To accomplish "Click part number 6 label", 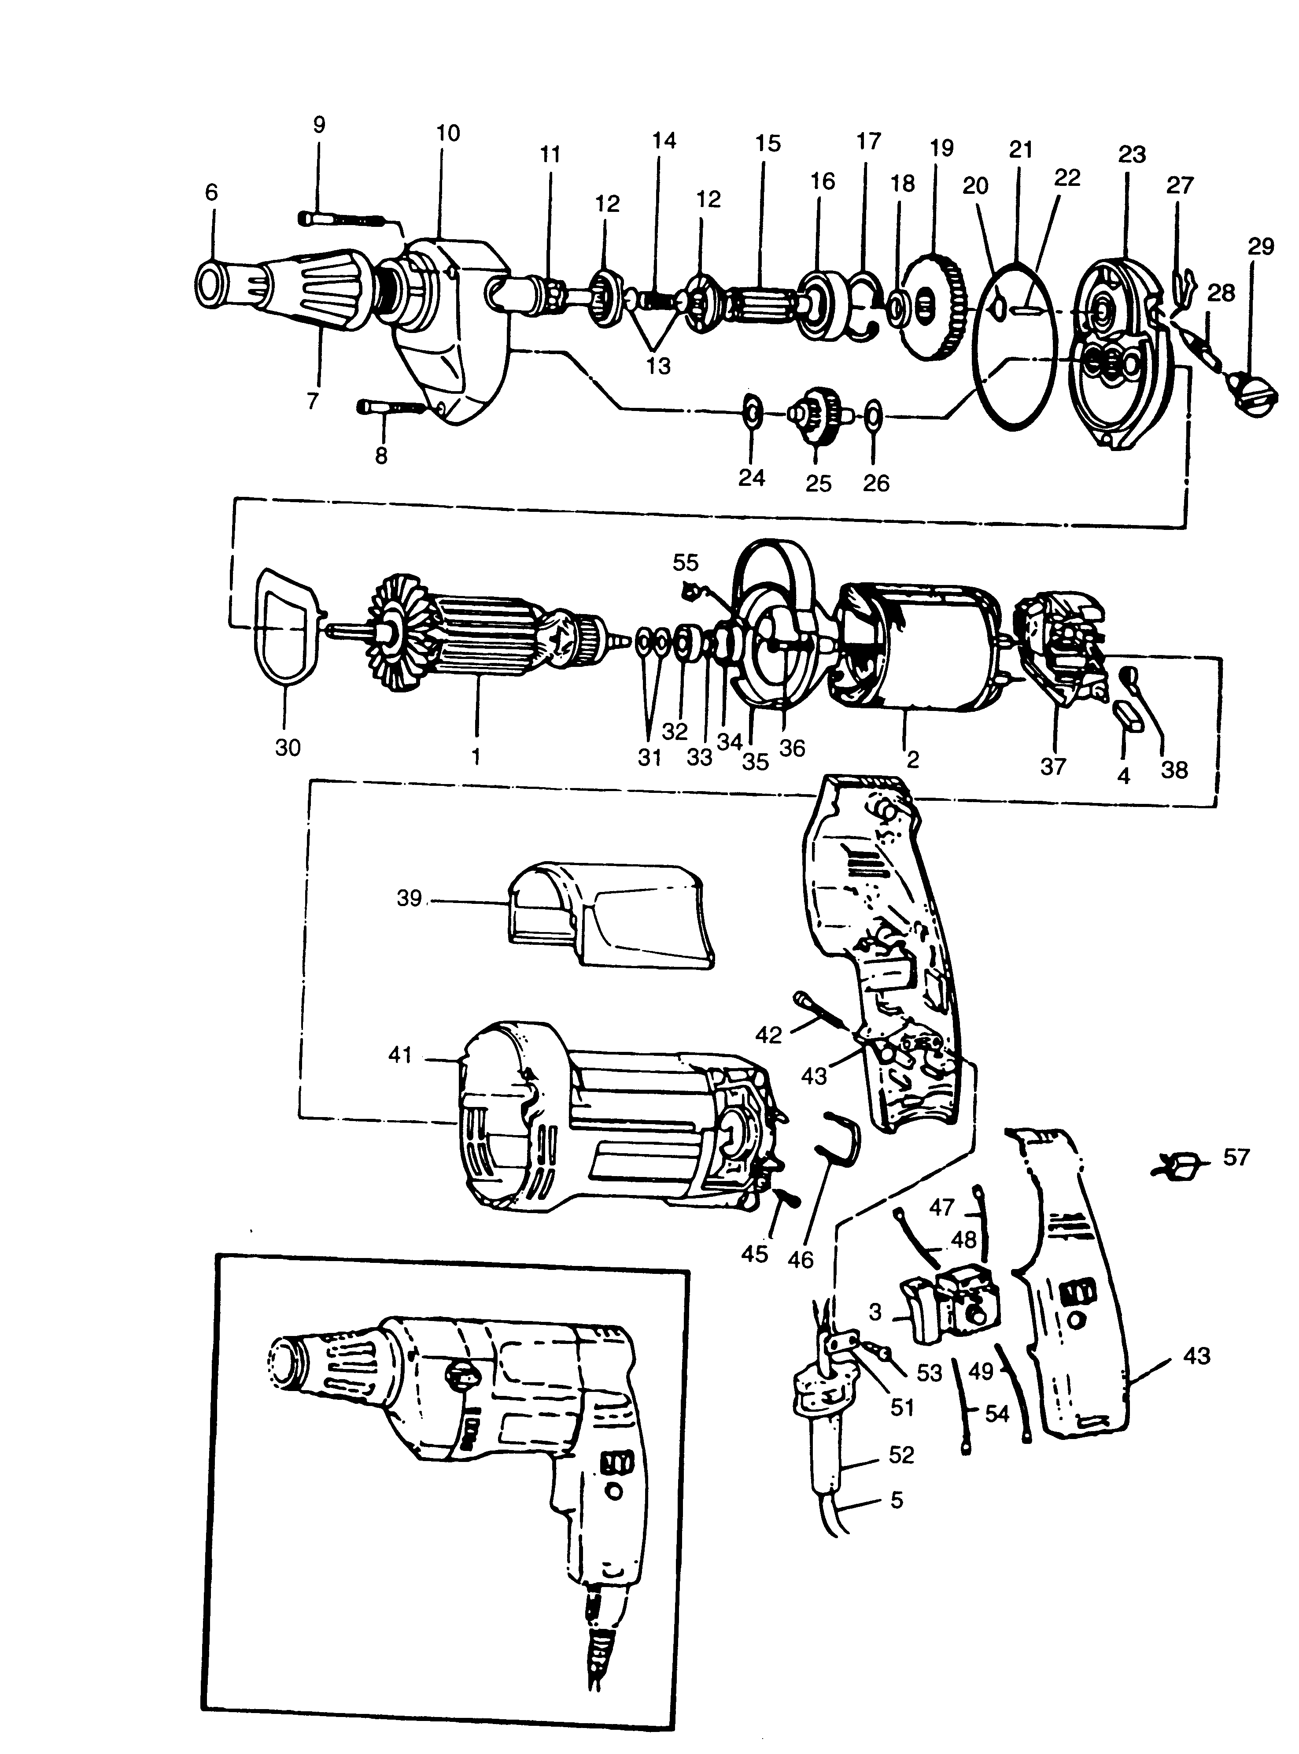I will pyautogui.click(x=211, y=192).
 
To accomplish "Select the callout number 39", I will pyautogui.click(x=409, y=898).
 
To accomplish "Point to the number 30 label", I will pyautogui.click(x=288, y=747).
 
